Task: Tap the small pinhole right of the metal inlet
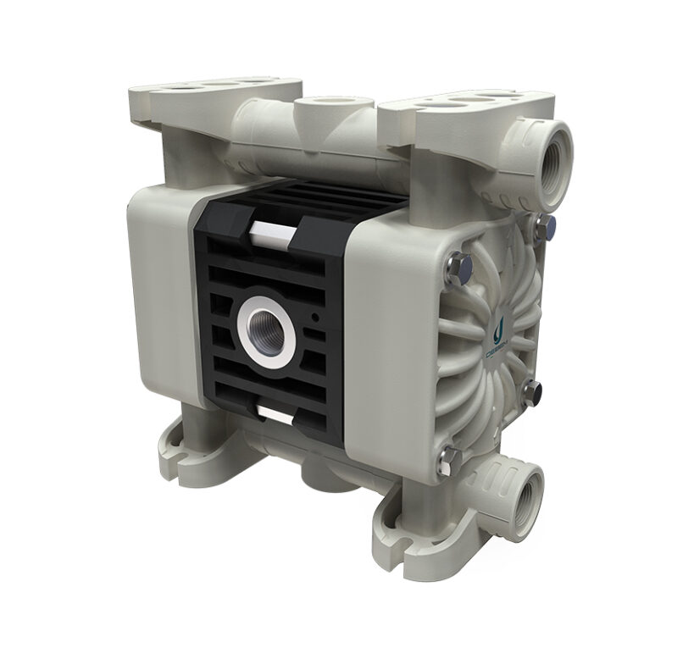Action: click(x=315, y=319)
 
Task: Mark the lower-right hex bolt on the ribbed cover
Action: click(x=532, y=390)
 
